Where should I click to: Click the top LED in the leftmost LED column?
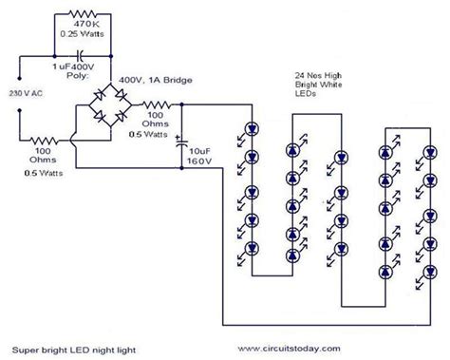252,129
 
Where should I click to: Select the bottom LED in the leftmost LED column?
252,250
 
